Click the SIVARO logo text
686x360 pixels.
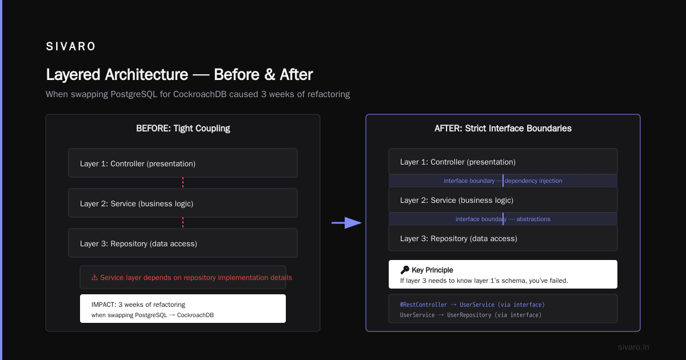(x=71, y=46)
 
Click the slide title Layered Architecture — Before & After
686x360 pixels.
(x=179, y=74)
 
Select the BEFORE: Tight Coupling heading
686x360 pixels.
(x=183, y=128)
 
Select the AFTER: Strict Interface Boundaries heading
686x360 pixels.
(x=503, y=128)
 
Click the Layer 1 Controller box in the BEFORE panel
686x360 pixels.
(x=183, y=163)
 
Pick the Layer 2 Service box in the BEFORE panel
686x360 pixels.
(x=183, y=203)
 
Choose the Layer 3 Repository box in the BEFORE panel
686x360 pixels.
(x=183, y=243)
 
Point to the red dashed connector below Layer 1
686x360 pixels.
(x=183, y=183)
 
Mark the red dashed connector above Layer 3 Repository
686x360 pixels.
(x=183, y=223)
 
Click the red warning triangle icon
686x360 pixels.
(x=95, y=278)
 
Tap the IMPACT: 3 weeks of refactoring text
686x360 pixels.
(x=138, y=305)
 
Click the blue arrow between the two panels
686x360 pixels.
(x=346, y=223)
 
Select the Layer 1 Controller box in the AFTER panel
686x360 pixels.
(x=503, y=161)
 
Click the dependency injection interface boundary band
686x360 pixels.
(x=503, y=181)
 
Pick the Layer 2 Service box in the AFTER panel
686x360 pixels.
(x=503, y=200)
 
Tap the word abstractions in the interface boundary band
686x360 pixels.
(x=533, y=219)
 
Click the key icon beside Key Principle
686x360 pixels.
(x=405, y=270)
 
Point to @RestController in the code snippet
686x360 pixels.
(x=423, y=305)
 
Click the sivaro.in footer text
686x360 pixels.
(x=633, y=347)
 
